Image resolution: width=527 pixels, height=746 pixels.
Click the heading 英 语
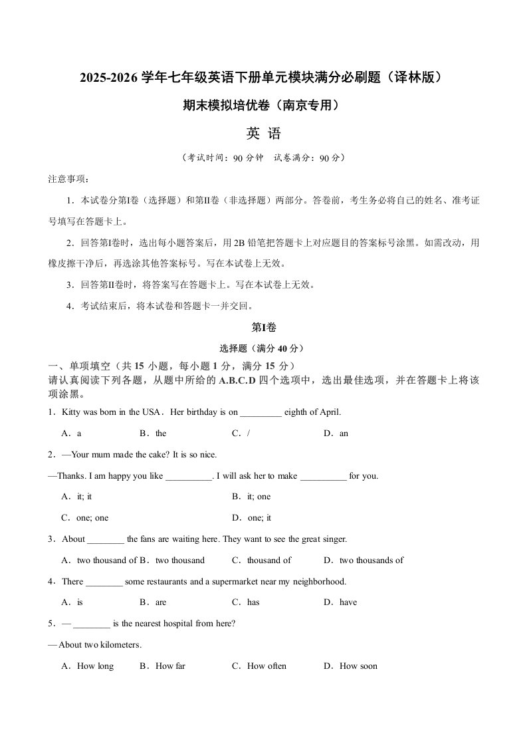coord(263,134)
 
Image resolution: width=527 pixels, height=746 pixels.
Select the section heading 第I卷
coord(263,326)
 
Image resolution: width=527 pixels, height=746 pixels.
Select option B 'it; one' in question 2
coord(252,497)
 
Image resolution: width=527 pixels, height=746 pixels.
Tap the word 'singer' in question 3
coord(334,539)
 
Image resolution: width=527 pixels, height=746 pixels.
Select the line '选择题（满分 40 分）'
coord(263,348)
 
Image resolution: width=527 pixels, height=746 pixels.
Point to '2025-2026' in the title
coord(108,78)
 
